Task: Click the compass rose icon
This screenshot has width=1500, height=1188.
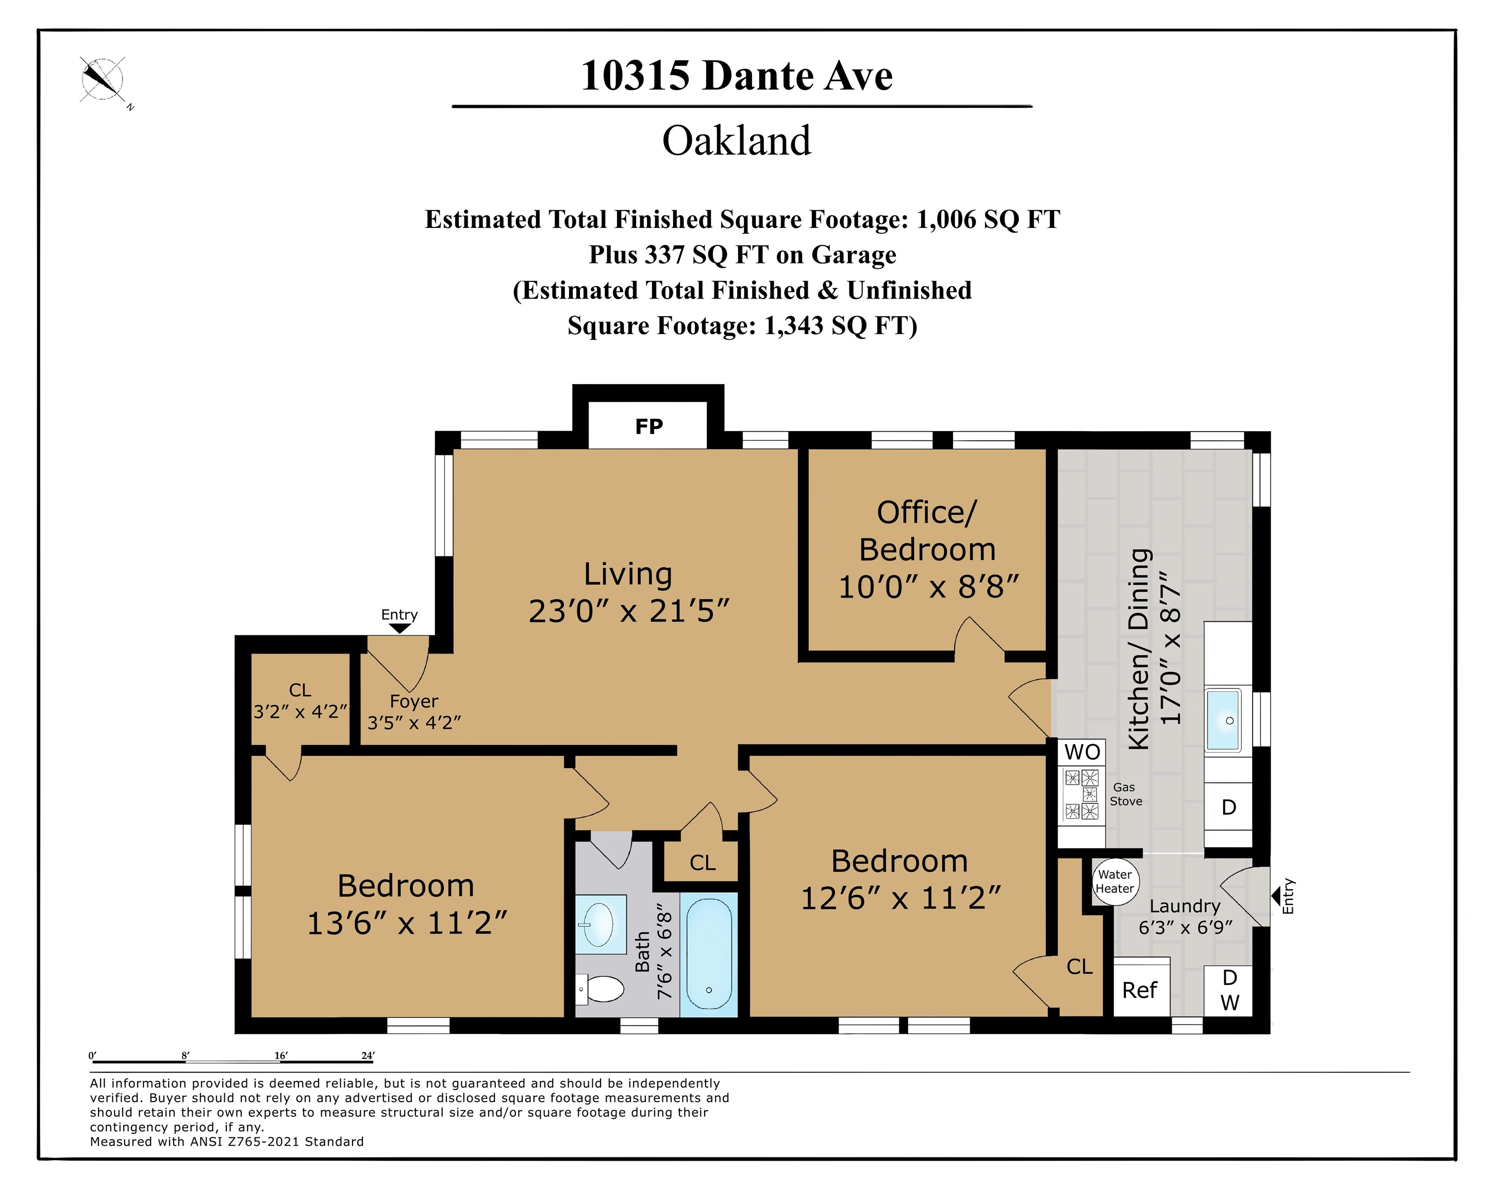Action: tap(102, 79)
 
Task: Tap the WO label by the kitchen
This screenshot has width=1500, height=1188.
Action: tap(1082, 752)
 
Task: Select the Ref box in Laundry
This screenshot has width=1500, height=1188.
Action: tap(1139, 990)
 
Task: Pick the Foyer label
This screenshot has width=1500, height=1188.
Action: tap(414, 701)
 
